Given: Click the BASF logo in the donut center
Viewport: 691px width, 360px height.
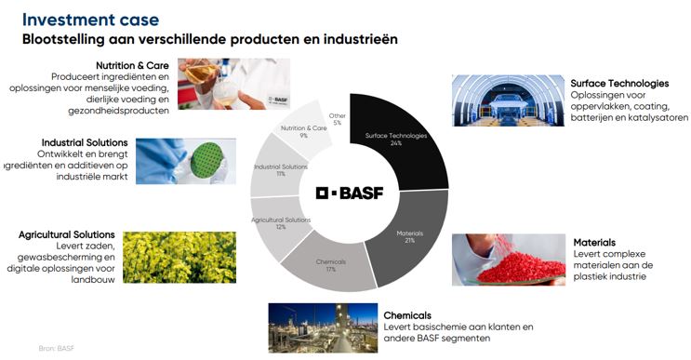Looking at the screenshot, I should [349, 193].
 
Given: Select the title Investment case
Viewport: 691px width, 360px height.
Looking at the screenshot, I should [90, 19].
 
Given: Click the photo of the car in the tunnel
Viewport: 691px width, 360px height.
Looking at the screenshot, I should [508, 100].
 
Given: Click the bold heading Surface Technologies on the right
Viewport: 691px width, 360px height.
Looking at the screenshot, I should [619, 83].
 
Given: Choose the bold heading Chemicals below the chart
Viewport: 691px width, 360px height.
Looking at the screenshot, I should [407, 314].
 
